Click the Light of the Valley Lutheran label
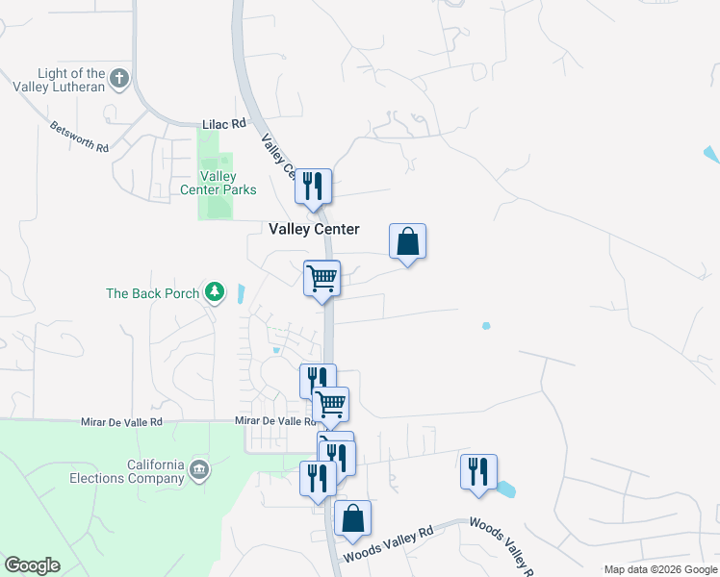(x=69, y=81)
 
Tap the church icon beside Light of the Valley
(x=119, y=79)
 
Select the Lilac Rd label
(x=224, y=124)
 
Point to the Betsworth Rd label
(x=80, y=138)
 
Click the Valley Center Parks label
(x=219, y=183)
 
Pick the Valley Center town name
(x=313, y=229)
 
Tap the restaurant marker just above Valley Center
(x=312, y=186)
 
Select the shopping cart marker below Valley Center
(x=321, y=279)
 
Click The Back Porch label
(x=152, y=293)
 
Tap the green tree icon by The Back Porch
(x=216, y=292)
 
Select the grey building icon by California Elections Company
(x=199, y=469)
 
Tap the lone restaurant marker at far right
(x=478, y=471)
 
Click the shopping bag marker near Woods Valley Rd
(x=353, y=518)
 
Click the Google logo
(x=31, y=565)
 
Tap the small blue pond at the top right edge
(x=711, y=154)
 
